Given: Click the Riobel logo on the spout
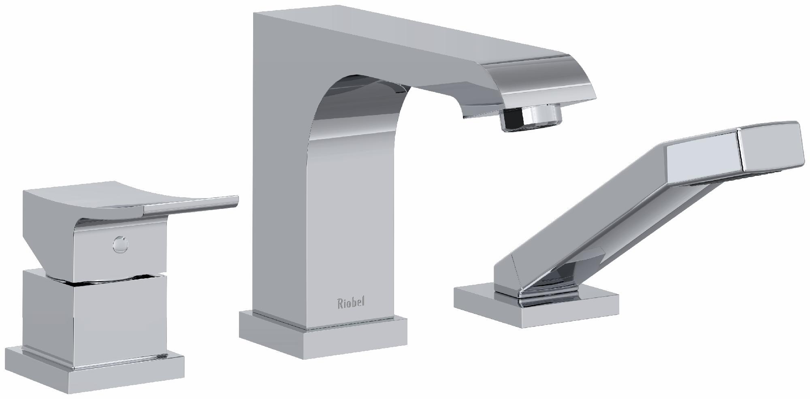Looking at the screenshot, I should click(351, 303).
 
